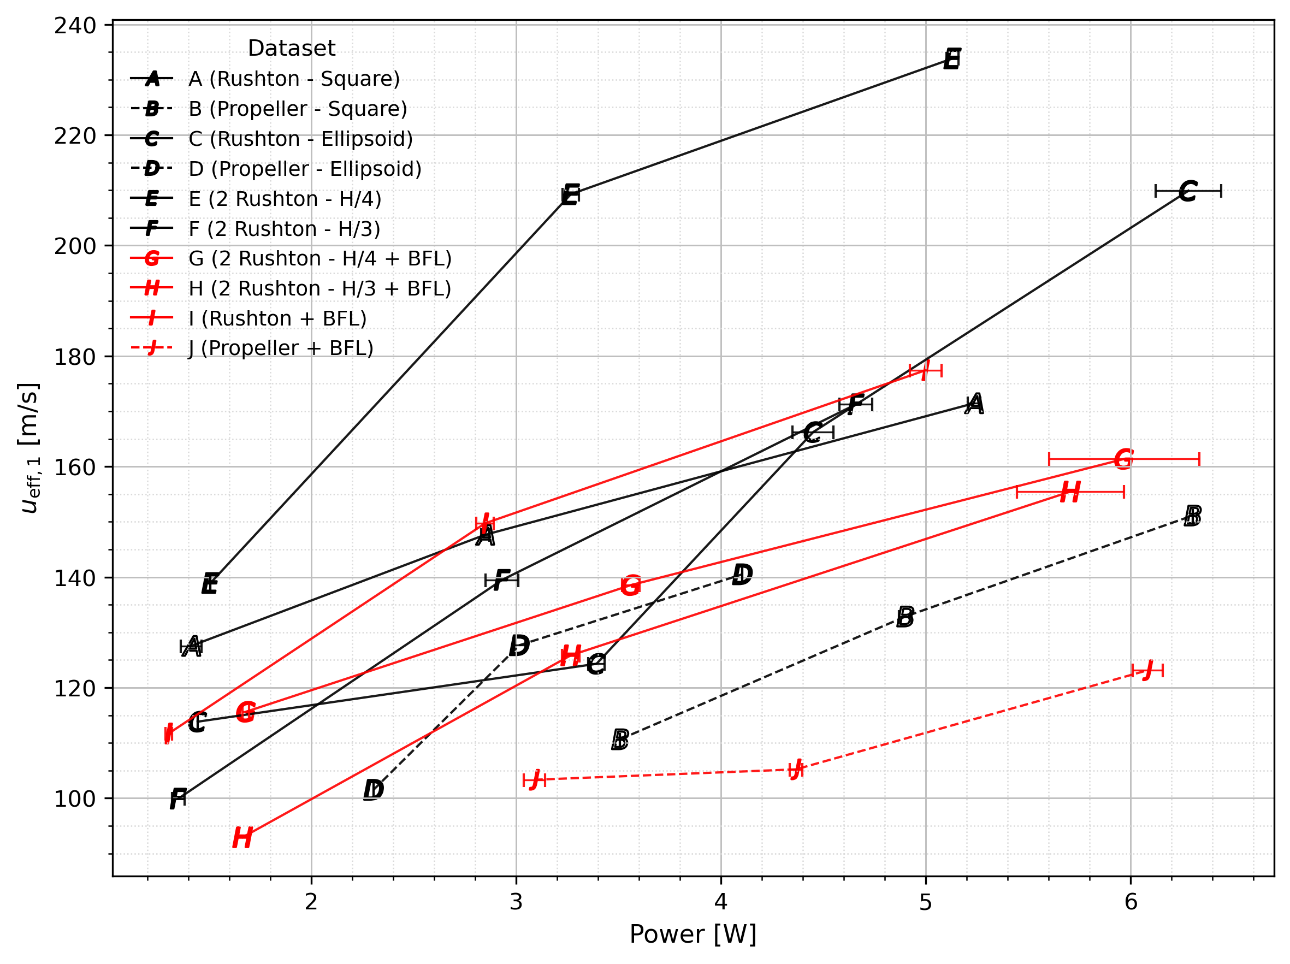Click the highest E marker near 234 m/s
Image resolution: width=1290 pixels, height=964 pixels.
(x=952, y=60)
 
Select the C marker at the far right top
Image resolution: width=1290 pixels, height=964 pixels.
(x=1188, y=191)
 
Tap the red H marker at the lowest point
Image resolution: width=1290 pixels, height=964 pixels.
(x=242, y=838)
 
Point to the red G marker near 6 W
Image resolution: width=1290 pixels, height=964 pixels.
(x=1123, y=459)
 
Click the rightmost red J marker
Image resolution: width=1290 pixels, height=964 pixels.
(x=1147, y=671)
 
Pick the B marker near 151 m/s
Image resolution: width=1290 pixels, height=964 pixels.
(x=1193, y=516)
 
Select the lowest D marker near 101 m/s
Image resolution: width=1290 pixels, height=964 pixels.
(x=373, y=790)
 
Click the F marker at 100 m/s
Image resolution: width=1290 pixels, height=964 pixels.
(x=178, y=799)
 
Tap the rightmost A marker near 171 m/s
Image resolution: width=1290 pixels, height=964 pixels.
(x=974, y=404)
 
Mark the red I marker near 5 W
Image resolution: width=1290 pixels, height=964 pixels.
(x=926, y=370)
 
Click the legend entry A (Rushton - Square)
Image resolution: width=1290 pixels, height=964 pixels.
(x=294, y=79)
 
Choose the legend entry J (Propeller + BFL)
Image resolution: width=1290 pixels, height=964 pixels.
(x=281, y=348)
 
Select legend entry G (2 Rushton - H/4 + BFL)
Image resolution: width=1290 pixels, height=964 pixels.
(x=319, y=258)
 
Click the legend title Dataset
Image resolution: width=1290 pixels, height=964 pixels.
(x=291, y=48)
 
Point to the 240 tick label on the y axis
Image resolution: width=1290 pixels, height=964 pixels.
(x=75, y=26)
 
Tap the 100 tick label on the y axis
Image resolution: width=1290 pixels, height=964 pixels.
(x=75, y=799)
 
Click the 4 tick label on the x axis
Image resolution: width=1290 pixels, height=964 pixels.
(x=721, y=902)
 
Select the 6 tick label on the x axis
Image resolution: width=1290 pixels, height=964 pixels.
(x=1131, y=902)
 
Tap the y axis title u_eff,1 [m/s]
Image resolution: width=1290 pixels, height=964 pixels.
(x=29, y=448)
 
